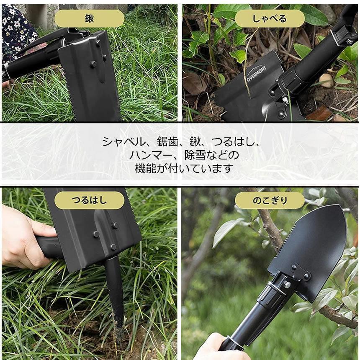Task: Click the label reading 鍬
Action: [x=89, y=18]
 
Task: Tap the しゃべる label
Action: [x=270, y=18]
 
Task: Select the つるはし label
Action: [x=89, y=200]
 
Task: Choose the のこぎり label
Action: [x=270, y=200]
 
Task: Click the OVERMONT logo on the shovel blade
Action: [x=256, y=73]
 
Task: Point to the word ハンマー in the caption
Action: [x=150, y=155]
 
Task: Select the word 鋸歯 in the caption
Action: [x=167, y=142]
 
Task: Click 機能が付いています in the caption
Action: [x=184, y=169]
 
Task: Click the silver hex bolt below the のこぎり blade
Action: [x=287, y=285]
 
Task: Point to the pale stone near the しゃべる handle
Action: [x=326, y=80]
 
